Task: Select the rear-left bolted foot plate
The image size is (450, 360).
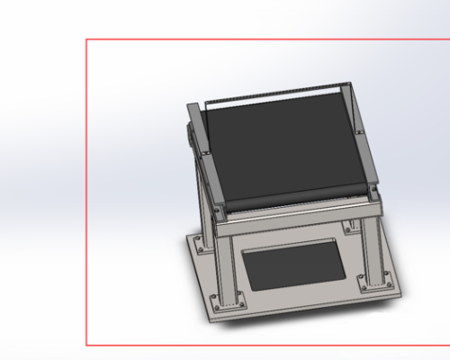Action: [x=200, y=240]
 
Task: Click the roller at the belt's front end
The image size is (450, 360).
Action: [x=297, y=199]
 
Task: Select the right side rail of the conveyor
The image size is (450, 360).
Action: [x=359, y=135]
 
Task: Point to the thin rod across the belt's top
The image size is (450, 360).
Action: [x=274, y=92]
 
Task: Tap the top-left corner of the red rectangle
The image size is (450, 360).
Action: [x=86, y=40]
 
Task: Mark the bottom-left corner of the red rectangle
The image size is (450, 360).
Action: [x=86, y=345]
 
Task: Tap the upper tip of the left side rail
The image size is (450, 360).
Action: [x=191, y=106]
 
